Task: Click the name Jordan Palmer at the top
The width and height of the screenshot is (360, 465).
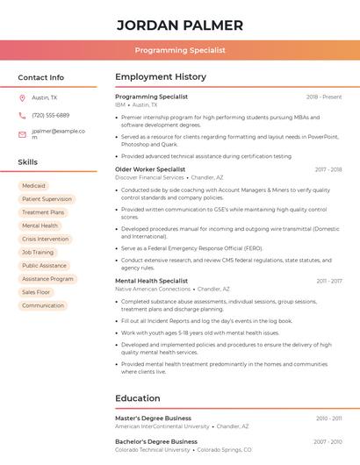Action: (x=180, y=25)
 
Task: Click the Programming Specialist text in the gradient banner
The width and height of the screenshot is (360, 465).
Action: (x=180, y=50)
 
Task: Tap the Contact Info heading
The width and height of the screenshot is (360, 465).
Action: (x=41, y=77)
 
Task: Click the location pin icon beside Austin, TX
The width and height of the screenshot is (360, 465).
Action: (x=22, y=97)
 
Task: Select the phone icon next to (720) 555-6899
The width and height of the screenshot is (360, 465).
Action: (x=22, y=115)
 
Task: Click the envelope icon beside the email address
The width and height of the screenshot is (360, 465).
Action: (x=22, y=134)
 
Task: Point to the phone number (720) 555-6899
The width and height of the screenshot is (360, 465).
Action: (x=50, y=115)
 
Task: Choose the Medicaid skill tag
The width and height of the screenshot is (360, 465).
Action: (x=33, y=186)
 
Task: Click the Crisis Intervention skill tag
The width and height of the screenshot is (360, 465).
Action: (x=45, y=239)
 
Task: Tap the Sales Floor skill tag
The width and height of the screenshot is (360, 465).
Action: (x=36, y=292)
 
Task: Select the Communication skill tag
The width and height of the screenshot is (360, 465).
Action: (x=43, y=305)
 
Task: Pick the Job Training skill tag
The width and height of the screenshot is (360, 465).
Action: (x=38, y=252)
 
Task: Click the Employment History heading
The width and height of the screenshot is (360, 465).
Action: (x=161, y=77)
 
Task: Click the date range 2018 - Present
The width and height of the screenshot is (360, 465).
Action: (x=324, y=97)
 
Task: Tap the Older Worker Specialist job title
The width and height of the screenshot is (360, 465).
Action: (x=150, y=169)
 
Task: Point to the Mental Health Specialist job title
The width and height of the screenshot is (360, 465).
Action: (x=151, y=281)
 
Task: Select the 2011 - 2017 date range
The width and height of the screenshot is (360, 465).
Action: (x=329, y=281)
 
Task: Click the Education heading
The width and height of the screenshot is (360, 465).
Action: (x=138, y=398)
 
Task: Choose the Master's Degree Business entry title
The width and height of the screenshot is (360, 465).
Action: (x=153, y=418)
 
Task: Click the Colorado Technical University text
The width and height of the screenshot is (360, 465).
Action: (x=152, y=449)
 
